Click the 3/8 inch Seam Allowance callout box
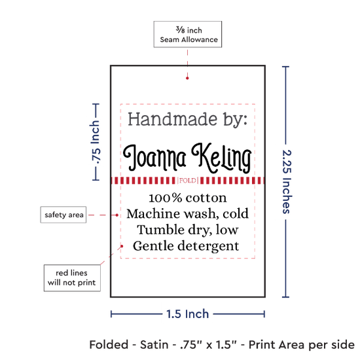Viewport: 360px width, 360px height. click(188, 34)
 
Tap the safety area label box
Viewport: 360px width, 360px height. click(63, 215)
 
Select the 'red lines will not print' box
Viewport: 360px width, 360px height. click(72, 278)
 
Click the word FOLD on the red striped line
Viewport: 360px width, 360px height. click(188, 181)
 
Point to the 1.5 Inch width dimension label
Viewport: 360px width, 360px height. click(188, 314)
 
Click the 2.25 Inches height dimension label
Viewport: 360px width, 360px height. click(287, 182)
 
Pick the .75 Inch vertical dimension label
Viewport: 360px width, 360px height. click(95, 142)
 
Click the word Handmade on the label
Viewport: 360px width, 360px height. click(172, 119)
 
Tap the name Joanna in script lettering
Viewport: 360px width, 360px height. click(154, 158)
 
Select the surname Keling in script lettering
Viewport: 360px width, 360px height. click(221, 158)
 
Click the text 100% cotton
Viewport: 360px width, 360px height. click(188, 198)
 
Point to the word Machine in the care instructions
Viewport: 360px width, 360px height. click(153, 214)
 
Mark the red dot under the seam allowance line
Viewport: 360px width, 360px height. click(187, 79)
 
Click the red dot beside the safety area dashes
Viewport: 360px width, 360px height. click(117, 215)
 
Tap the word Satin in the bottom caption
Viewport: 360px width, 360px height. click(154, 345)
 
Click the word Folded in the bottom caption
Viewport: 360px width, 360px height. click(109, 345)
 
